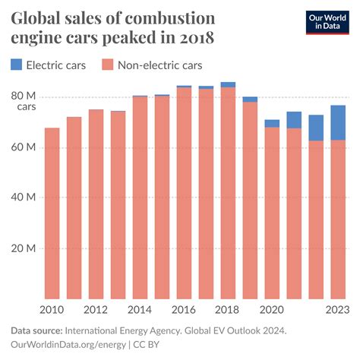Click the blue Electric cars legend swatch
[16, 65]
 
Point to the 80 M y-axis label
[24, 96]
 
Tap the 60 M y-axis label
[24, 147]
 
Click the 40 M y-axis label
[24, 197]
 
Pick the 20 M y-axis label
[24, 248]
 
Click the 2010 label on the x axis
[52, 310]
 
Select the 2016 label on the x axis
[184, 310]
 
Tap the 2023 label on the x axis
[338, 310]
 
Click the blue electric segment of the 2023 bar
[338, 122]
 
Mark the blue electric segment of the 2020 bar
[272, 123]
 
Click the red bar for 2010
[52, 213]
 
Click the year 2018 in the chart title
[196, 36]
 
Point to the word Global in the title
[37, 17]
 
